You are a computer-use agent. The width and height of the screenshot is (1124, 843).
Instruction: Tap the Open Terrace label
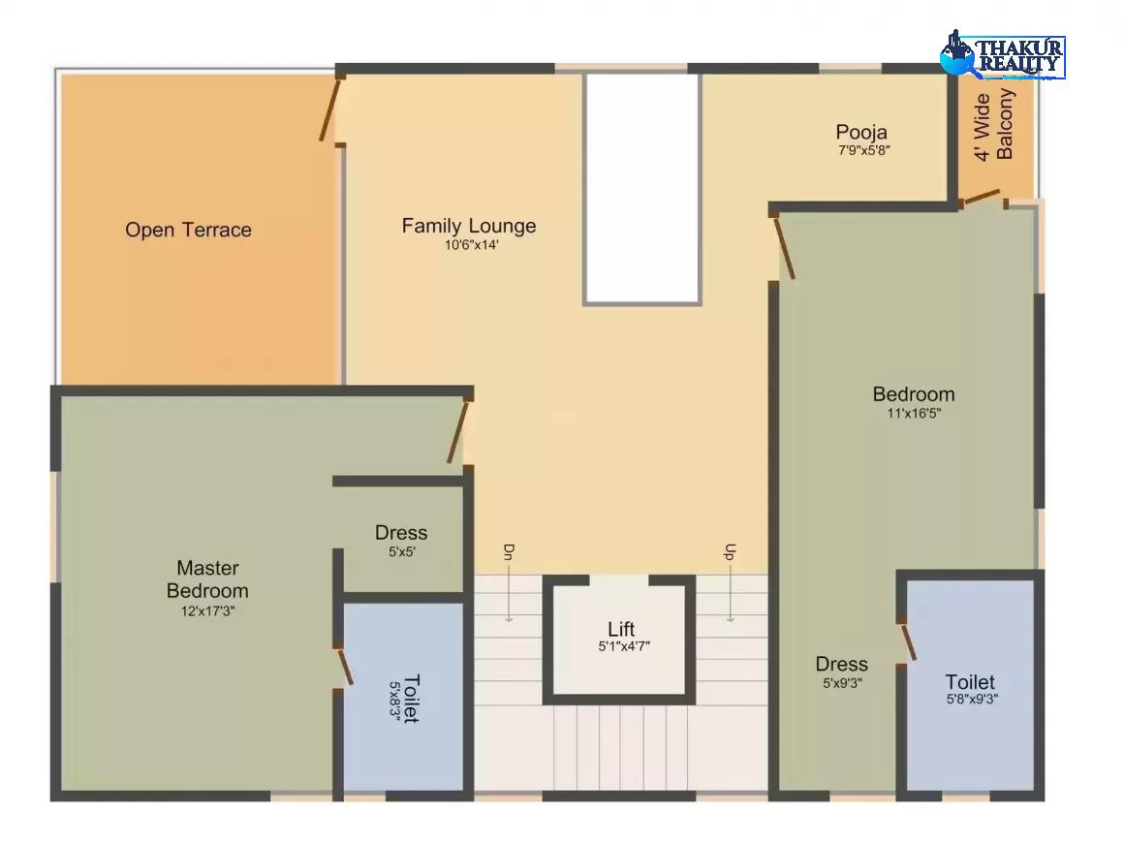189,230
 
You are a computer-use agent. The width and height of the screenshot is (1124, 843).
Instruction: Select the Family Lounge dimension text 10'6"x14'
471,245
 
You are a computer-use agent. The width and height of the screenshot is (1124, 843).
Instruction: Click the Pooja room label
861,133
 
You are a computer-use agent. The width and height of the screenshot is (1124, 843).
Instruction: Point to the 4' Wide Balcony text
993,125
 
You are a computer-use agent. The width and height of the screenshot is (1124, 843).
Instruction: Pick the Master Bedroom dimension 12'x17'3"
208,611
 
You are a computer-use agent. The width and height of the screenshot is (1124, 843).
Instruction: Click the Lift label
621,629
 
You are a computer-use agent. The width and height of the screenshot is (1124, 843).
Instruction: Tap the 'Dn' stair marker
509,552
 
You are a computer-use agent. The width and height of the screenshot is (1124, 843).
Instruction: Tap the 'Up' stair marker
729,552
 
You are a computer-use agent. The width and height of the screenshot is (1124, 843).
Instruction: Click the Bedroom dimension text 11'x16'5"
914,413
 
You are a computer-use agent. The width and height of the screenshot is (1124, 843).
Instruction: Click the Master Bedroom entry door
458,432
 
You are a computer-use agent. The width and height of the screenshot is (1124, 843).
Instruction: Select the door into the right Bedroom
784,247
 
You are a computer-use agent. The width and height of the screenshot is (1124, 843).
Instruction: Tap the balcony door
980,197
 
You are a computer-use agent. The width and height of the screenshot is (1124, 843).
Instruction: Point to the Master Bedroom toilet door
345,667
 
